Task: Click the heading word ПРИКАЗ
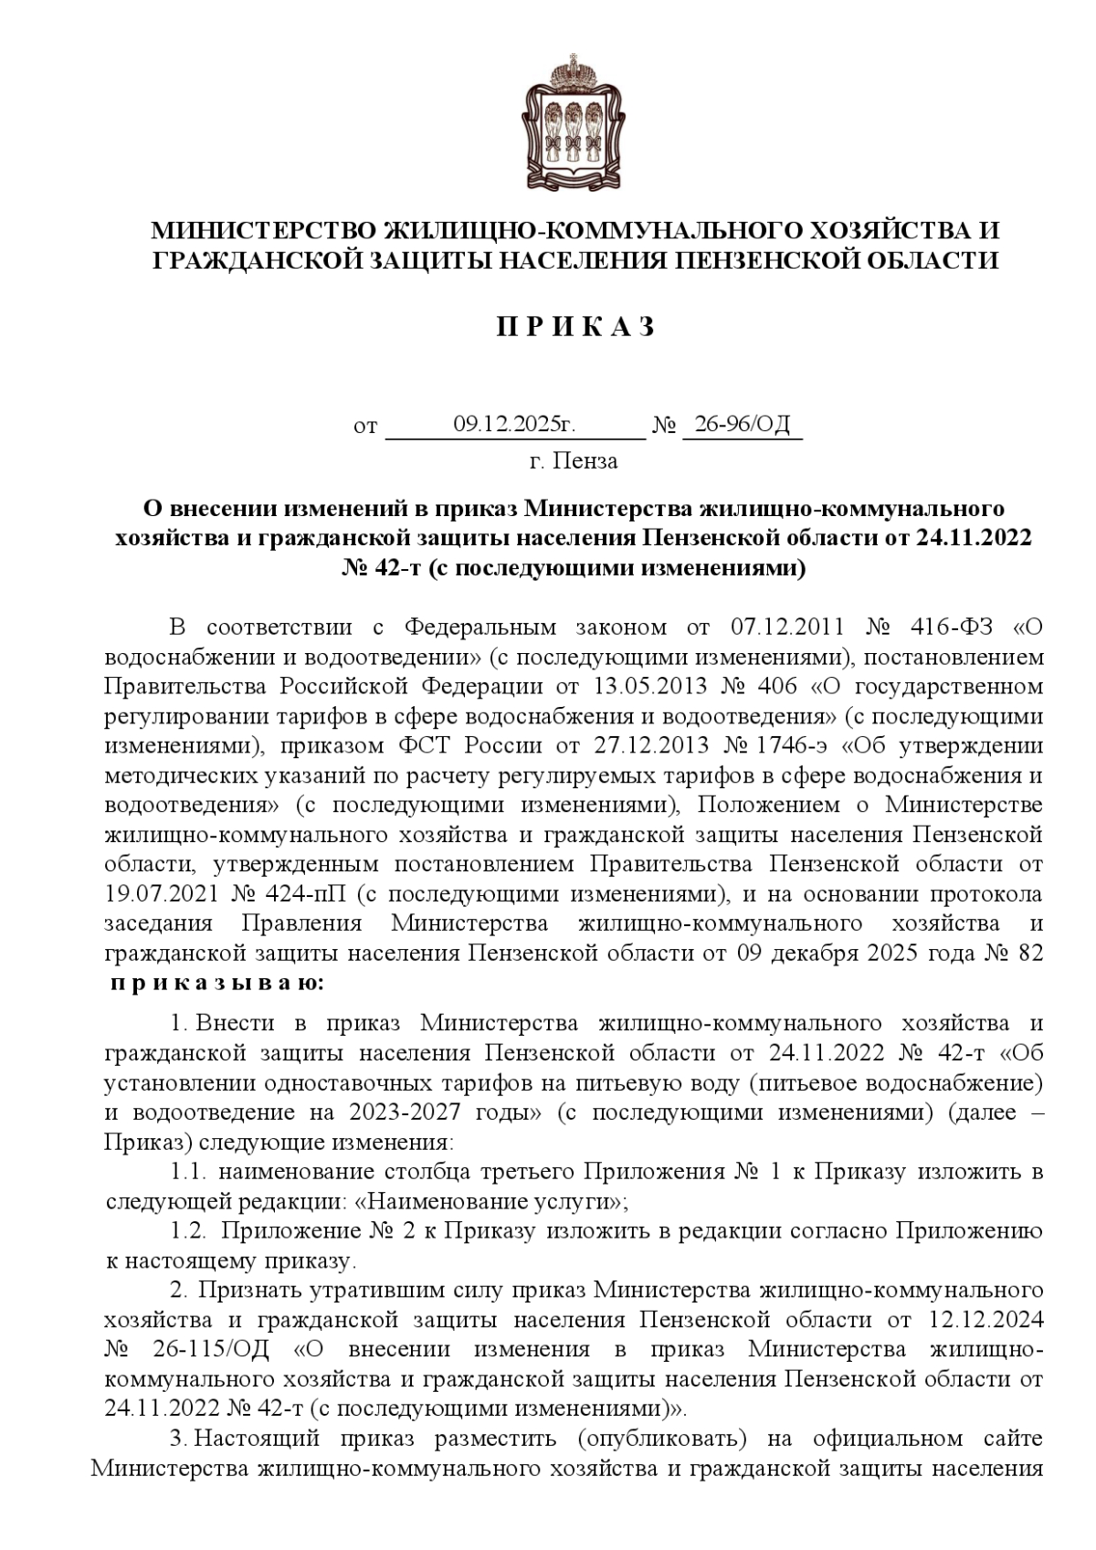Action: pyautogui.click(x=575, y=328)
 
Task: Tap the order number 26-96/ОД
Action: pyautogui.click(x=742, y=425)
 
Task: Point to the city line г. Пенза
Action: pyautogui.click(x=574, y=461)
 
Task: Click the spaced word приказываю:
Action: pyautogui.click(x=216, y=984)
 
